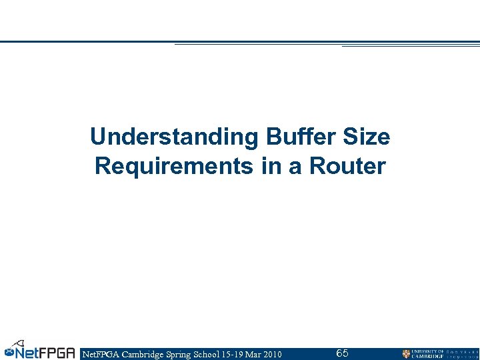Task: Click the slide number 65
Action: click(342, 353)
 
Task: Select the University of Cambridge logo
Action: click(440, 353)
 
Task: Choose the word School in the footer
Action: click(215, 354)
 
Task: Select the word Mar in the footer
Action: click(254, 354)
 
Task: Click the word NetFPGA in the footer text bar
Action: click(99, 354)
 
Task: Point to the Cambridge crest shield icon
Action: click(406, 354)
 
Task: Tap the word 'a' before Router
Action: click(295, 166)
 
